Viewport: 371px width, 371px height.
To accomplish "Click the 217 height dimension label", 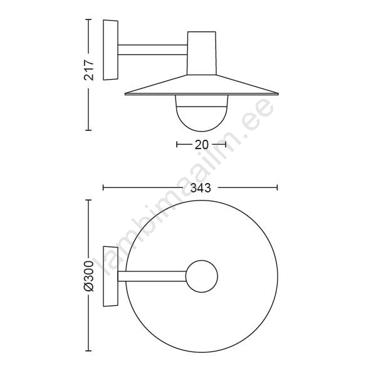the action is (89, 70).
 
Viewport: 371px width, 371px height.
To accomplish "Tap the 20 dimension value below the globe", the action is (201, 145).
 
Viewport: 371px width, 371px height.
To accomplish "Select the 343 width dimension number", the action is (201, 188).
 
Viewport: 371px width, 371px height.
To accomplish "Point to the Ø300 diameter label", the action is (89, 276).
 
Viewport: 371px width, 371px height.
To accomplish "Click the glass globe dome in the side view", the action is (202, 113).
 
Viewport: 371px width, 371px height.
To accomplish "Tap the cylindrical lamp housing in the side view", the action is (202, 53).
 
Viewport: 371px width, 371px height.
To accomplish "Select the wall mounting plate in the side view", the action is (110, 50).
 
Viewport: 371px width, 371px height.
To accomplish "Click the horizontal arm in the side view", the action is (153, 50).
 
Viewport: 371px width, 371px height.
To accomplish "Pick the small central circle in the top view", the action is (202, 276).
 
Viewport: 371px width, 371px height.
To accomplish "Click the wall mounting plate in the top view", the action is (110, 276).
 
